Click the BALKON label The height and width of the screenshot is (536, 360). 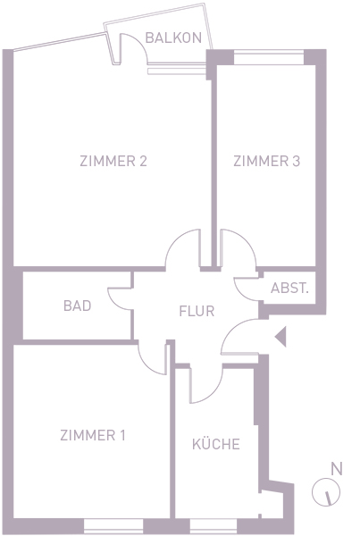pos(173,38)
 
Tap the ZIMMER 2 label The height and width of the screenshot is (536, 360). pos(113,161)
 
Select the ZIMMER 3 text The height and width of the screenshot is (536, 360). pos(267,161)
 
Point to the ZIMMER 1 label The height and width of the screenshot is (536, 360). pos(93,435)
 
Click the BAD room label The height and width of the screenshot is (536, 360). pos(77,306)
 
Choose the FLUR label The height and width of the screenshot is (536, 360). pos(197,311)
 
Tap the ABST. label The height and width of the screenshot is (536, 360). pos(289,289)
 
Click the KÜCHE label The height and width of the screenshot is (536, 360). pos(215,443)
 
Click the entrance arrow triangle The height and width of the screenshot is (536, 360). pos(280,337)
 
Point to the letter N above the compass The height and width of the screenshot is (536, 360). pos(337,469)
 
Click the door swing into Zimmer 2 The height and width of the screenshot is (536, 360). pos(174,239)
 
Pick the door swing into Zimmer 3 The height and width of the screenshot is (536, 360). pos(247,239)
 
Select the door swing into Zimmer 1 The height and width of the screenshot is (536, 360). pos(146,365)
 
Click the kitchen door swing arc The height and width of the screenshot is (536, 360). pos(214,393)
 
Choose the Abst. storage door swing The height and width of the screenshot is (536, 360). pos(241,295)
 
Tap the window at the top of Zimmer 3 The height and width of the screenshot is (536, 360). pos(269,57)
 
